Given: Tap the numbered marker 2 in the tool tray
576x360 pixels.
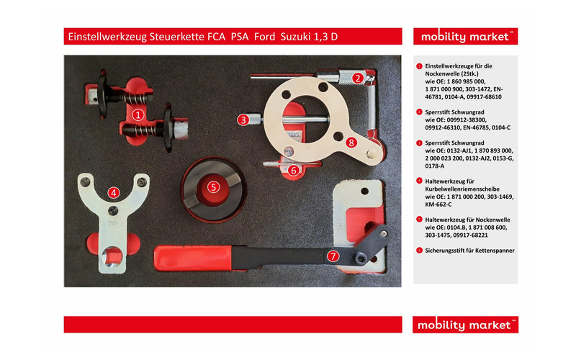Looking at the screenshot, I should [358, 78].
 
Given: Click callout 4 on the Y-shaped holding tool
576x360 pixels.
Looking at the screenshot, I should [114, 192].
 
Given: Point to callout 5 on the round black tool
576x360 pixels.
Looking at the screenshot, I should [213, 186].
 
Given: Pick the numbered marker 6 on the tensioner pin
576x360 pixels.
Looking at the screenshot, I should [293, 170].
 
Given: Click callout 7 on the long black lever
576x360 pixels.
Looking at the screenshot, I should [332, 256].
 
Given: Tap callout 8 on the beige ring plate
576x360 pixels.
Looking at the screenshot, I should [351, 143].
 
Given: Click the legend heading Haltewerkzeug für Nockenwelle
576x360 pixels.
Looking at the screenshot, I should [468, 217].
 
